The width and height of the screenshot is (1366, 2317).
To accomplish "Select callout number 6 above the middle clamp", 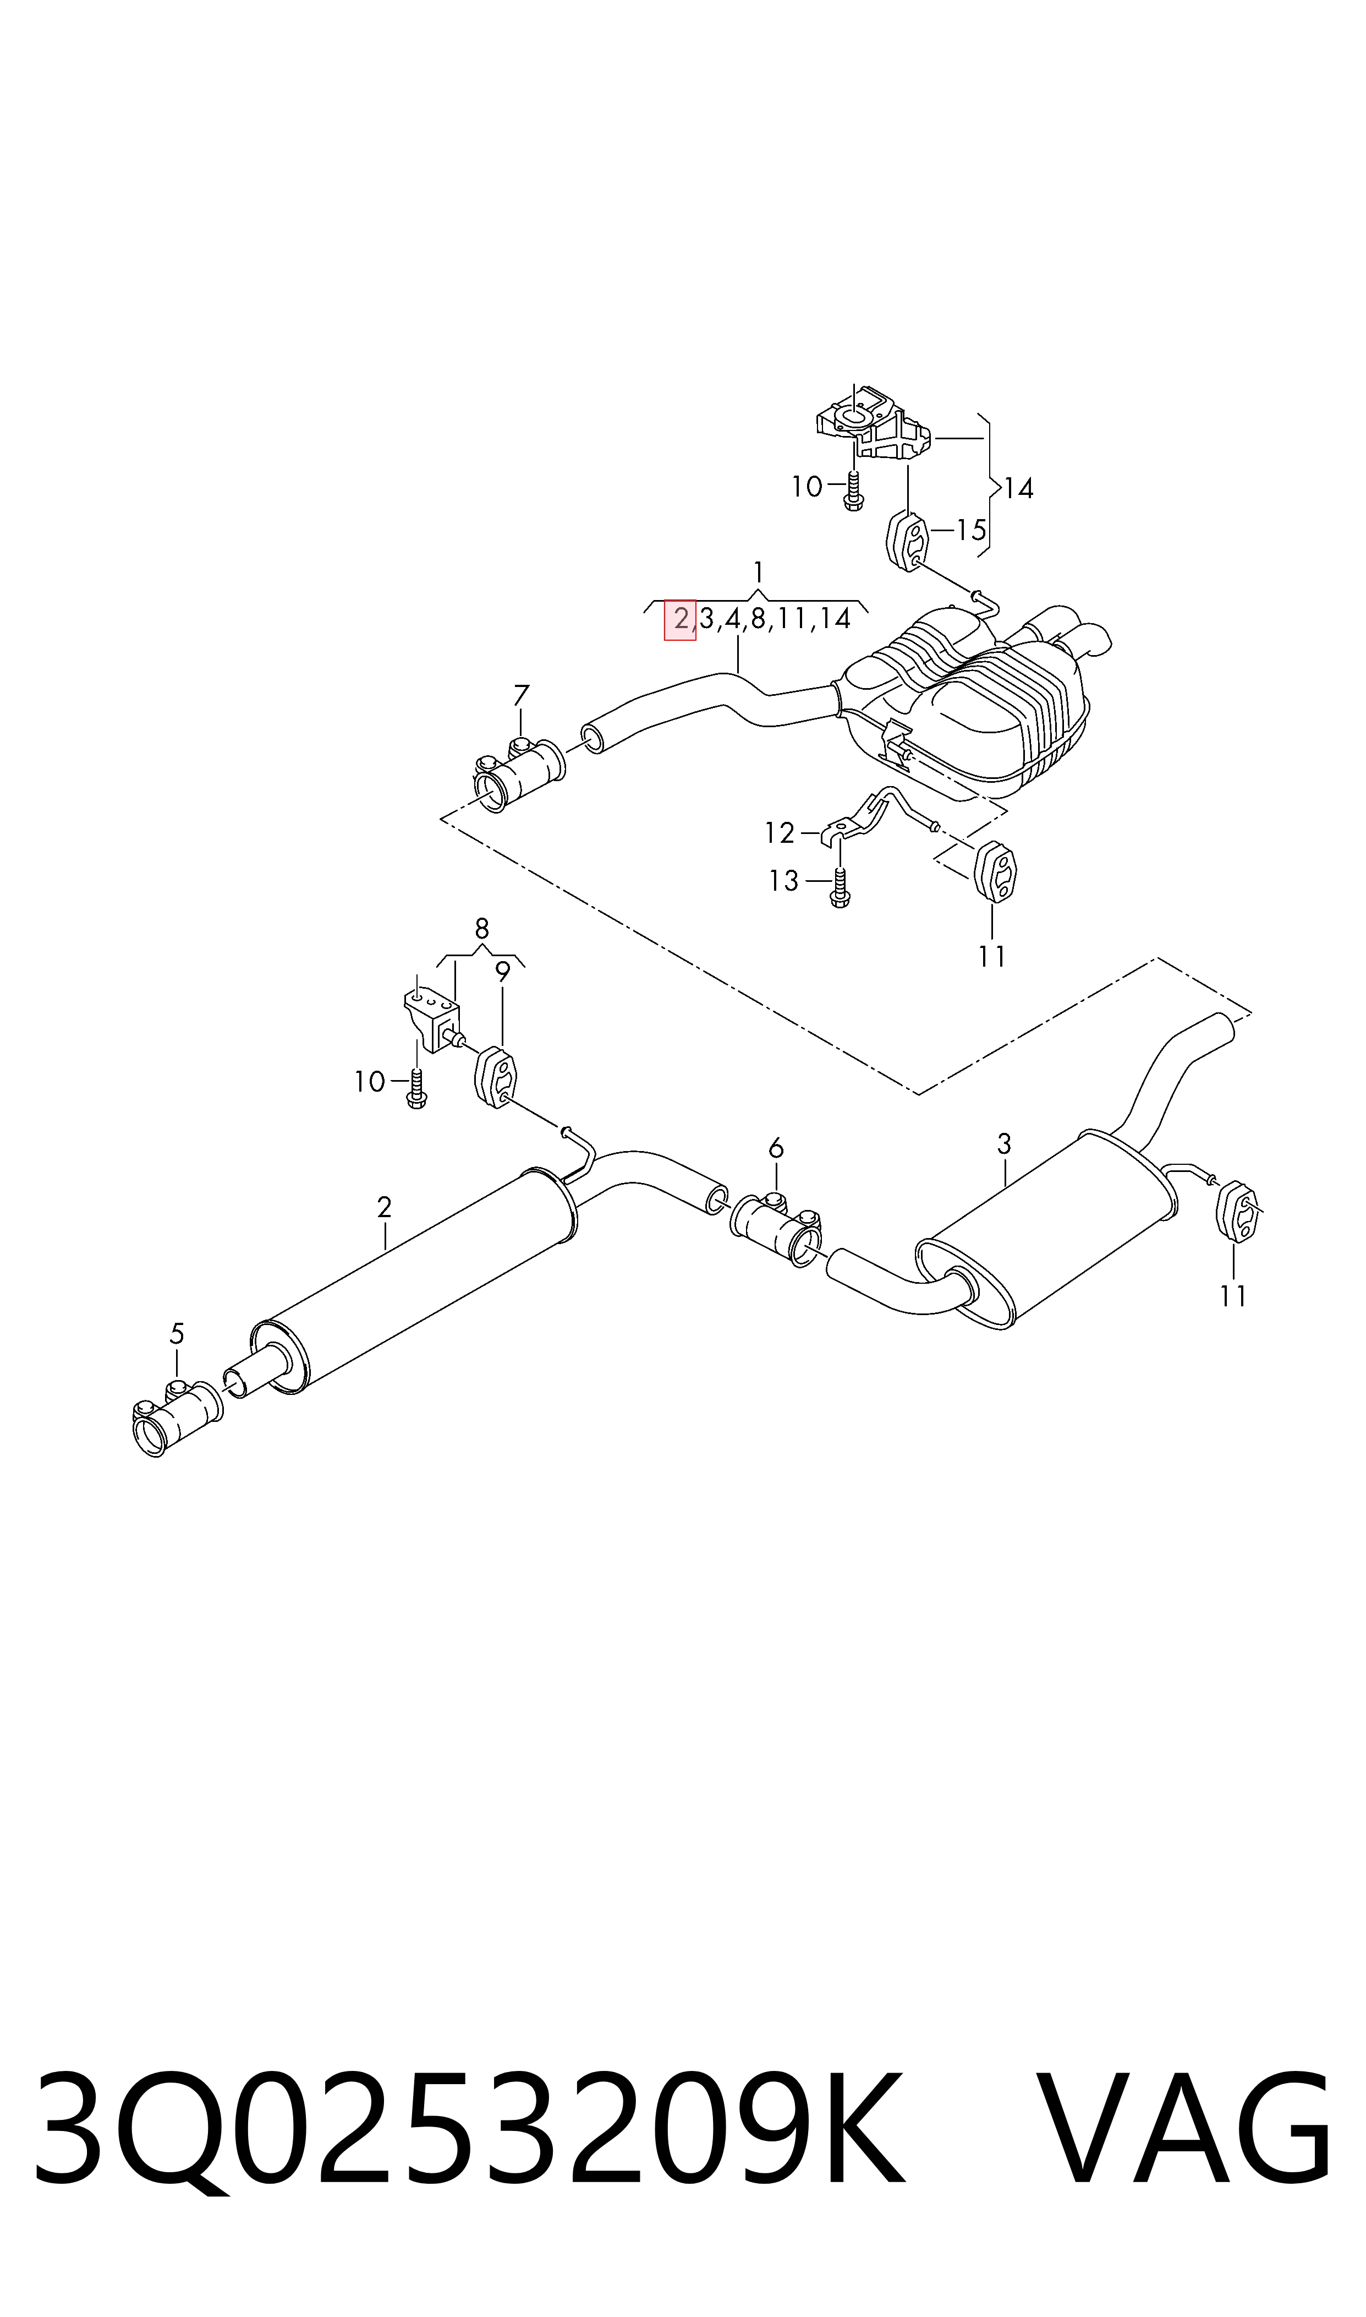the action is [776, 1148].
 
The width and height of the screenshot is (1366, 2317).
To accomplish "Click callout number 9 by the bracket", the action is [502, 971].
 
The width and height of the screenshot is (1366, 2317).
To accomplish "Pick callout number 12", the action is [779, 833].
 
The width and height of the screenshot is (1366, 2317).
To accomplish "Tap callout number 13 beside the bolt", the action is [783, 881].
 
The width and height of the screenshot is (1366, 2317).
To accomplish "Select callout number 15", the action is [971, 531].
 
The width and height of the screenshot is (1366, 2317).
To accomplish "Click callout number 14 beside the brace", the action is [1019, 488].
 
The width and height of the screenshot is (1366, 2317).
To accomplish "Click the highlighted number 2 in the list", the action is [680, 619].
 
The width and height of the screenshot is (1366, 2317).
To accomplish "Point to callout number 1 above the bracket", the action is [758, 572].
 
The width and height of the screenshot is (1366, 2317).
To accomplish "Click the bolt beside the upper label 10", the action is [853, 491].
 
